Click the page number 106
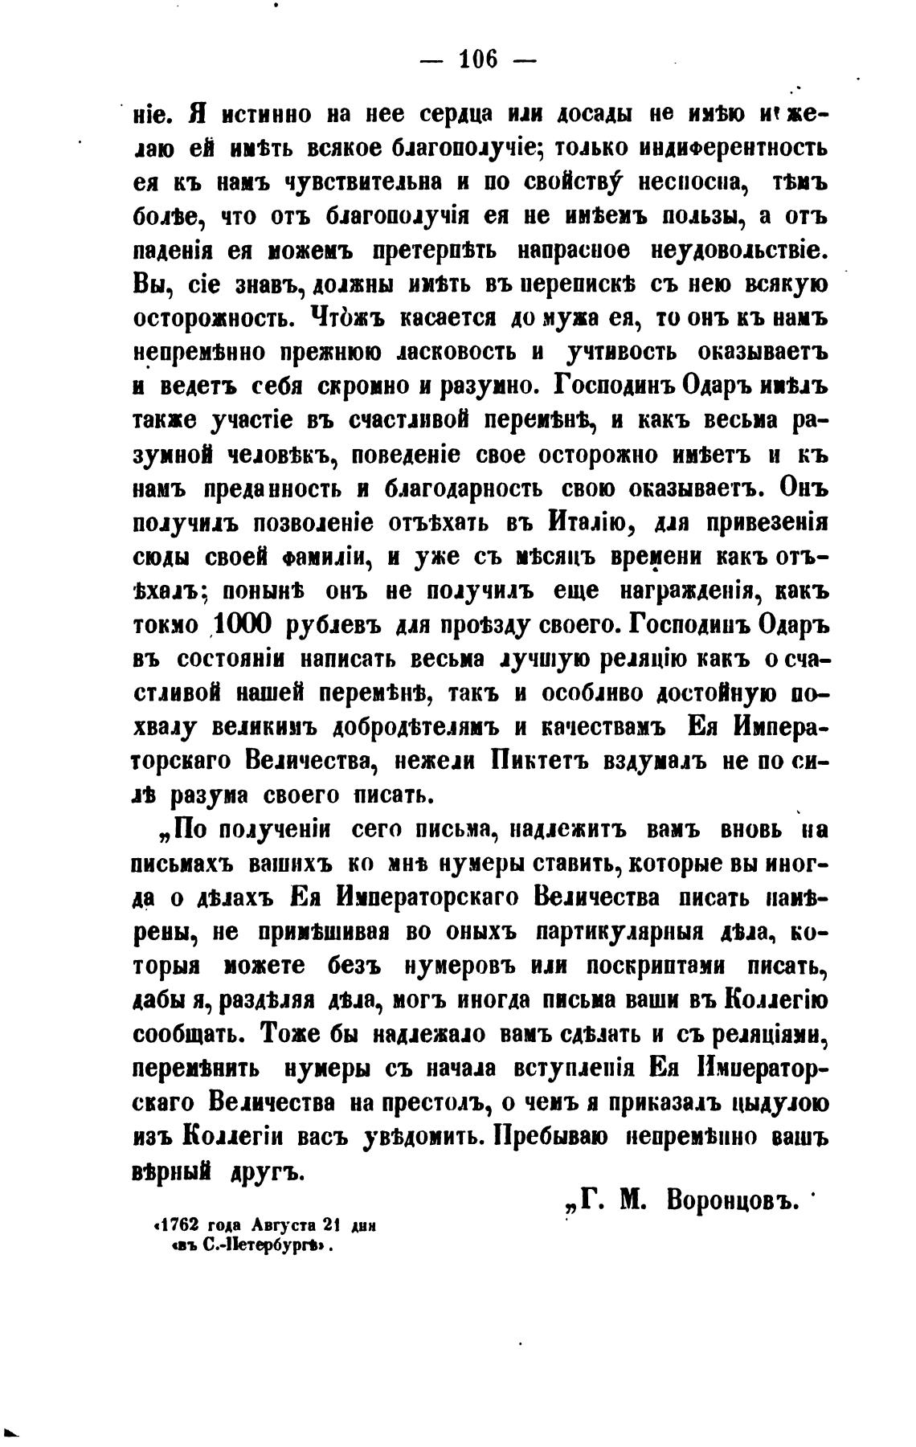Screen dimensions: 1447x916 [x=478, y=59]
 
